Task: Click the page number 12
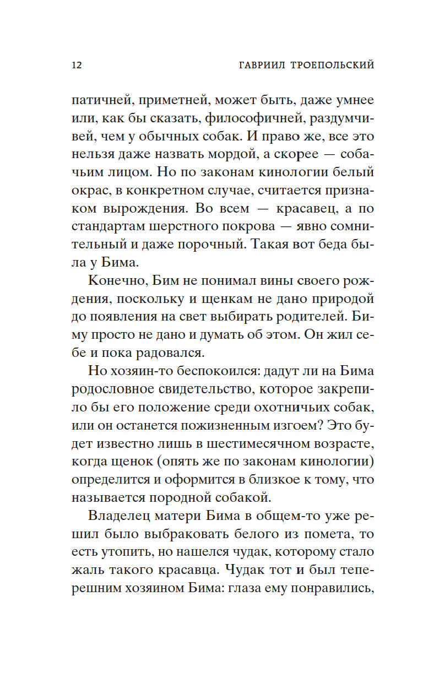point(77,65)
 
